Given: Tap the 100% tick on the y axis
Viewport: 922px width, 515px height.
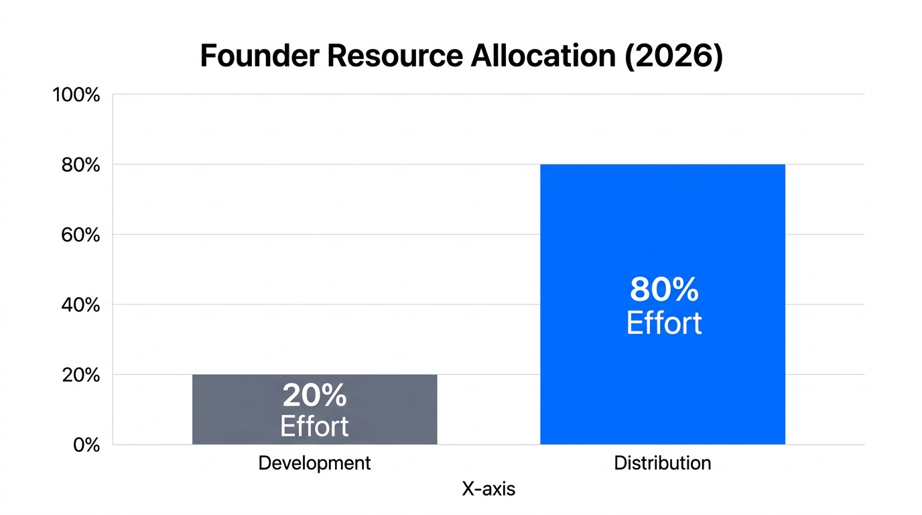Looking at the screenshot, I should pos(76,95).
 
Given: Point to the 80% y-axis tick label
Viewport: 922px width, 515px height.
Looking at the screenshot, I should pos(80,165).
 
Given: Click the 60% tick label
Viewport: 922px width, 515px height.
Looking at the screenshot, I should pos(80,235).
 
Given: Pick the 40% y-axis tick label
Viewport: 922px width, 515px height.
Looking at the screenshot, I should pos(80,305).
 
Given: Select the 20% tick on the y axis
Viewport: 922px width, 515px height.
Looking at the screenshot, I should pos(80,376).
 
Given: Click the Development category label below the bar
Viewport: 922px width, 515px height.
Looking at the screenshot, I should pos(314,463).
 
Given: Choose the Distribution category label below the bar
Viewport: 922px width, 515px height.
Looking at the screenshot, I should pos(662,463).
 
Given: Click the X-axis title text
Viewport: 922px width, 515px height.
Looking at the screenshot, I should pos(488,489).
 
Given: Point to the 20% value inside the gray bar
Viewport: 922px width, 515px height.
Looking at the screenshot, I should pos(314,396).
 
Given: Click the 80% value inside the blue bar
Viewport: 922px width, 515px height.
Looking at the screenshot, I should pos(663,290).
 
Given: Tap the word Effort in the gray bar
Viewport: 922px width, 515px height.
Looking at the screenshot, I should pos(314,426).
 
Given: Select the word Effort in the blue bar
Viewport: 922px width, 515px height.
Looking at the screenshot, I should pos(663,323).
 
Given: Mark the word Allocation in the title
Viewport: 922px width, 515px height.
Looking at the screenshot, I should pos(543,56).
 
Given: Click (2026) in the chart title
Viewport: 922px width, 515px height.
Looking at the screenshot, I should pos(673,56).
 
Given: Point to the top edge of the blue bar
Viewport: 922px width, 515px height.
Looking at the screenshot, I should pos(662,165).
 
